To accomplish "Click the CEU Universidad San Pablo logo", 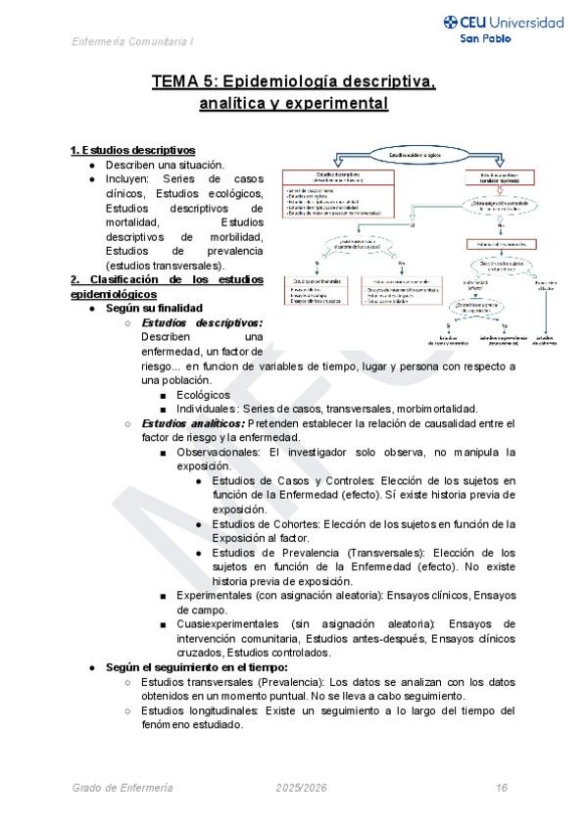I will point(504,29).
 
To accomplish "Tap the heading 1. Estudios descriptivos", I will point(132,151).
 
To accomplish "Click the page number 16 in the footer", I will point(501,788).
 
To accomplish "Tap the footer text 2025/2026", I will point(302,788).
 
